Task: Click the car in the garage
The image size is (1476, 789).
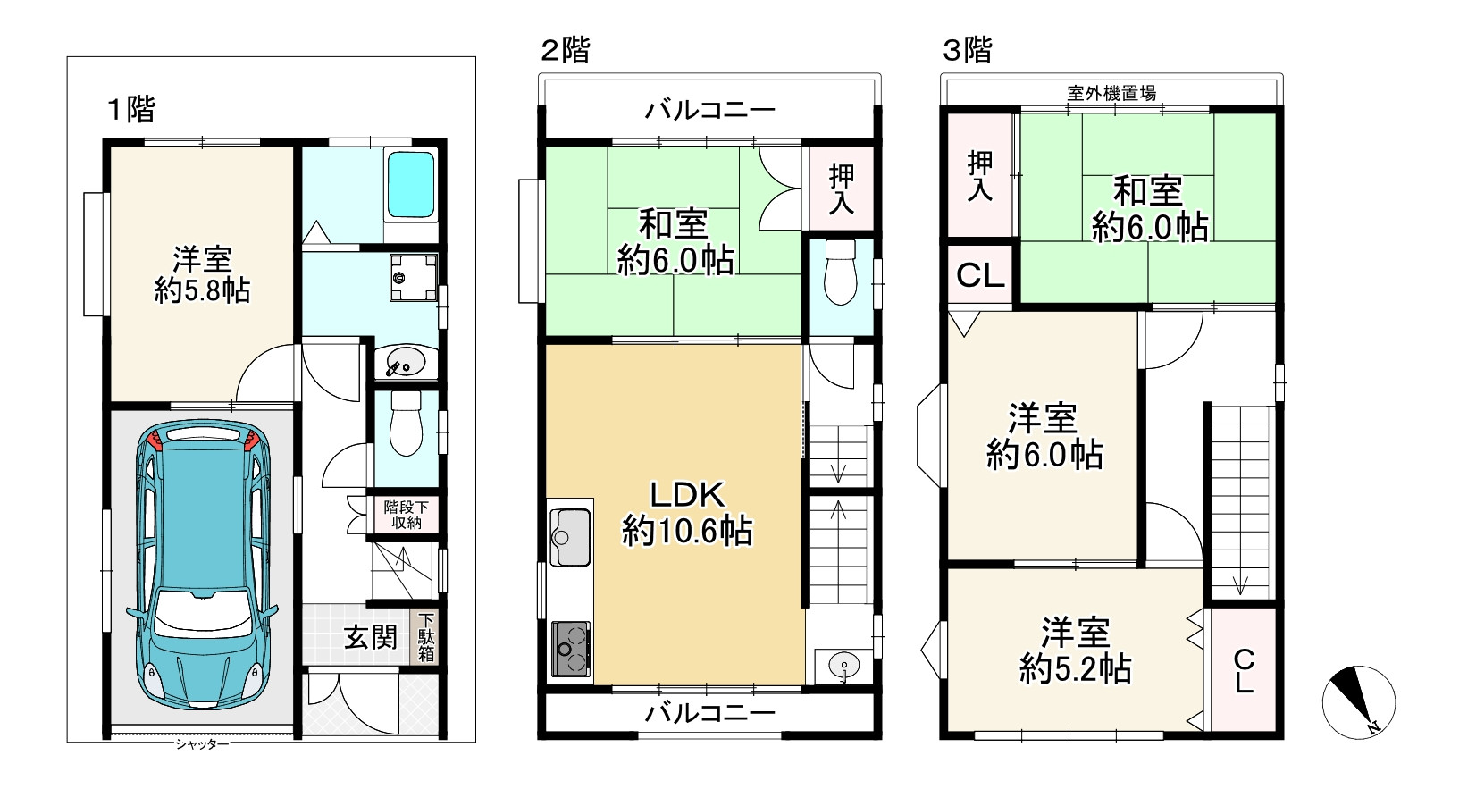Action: coord(205,564)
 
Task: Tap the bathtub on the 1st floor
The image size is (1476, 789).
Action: coord(410,184)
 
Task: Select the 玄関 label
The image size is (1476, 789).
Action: coord(370,637)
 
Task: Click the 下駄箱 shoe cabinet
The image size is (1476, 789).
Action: coord(425,637)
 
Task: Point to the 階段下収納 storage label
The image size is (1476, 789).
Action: coord(406,515)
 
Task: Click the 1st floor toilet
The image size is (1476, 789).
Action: coord(406,423)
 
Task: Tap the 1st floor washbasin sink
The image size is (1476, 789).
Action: coord(406,361)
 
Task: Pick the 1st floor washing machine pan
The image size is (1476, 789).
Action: coord(413,278)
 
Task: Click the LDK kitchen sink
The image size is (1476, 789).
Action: coord(570,537)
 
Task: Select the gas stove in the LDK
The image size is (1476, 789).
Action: coord(571,649)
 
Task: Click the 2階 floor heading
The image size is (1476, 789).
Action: coord(565,49)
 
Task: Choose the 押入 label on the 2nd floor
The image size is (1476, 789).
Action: coord(841,189)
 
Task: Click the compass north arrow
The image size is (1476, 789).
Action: coord(1359,702)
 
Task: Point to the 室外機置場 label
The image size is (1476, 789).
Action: coord(1111,93)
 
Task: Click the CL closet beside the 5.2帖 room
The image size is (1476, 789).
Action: coord(1244,670)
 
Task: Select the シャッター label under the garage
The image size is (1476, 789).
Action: coord(202,744)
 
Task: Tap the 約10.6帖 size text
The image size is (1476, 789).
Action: coord(687,531)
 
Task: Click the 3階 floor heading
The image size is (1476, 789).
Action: coord(967,49)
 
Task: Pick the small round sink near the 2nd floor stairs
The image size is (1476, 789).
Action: coord(843,665)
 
